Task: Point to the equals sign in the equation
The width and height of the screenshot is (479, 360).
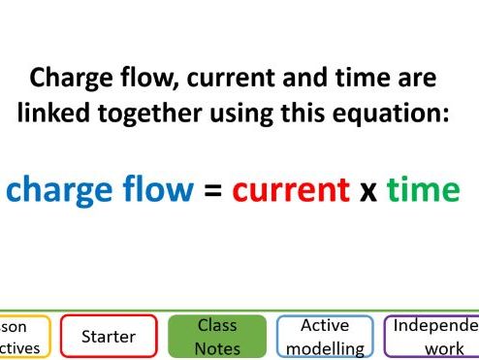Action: (x=212, y=190)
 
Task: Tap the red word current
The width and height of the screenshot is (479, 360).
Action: (x=291, y=189)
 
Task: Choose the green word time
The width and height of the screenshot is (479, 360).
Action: (x=422, y=189)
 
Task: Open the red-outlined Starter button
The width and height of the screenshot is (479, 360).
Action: (x=108, y=337)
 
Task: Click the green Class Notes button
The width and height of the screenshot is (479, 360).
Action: (x=217, y=337)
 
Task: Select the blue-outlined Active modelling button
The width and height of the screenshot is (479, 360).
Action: (x=325, y=337)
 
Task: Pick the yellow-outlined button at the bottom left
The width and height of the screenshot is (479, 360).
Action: (x=23, y=337)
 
